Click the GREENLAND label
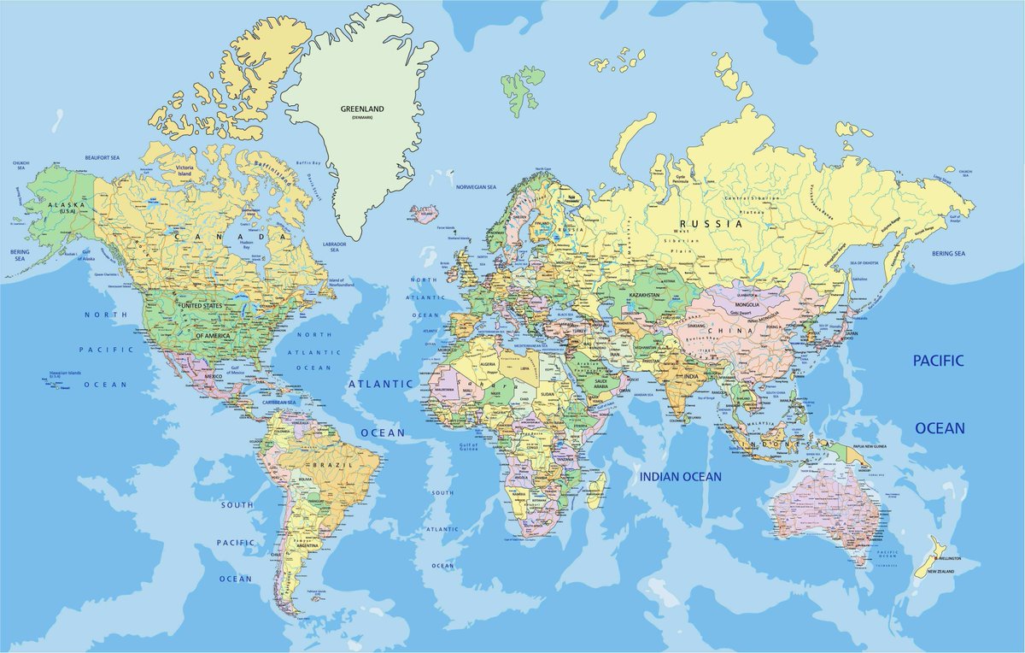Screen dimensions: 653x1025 point(362,109)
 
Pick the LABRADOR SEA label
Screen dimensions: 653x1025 point(334,247)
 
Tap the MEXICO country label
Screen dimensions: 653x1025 point(213,376)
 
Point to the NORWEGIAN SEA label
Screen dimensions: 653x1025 point(476,186)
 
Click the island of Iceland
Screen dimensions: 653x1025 point(424,213)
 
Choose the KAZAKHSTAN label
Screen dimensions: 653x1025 point(646,294)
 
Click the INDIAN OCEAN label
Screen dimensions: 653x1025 point(680,476)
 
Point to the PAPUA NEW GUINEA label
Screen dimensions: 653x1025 point(871,447)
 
